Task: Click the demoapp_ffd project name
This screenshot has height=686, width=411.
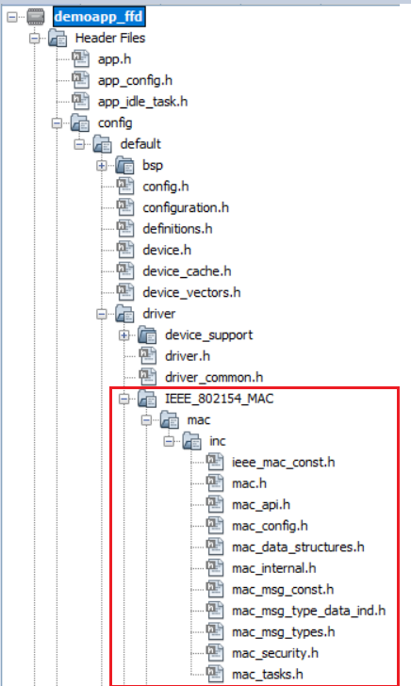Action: point(98,17)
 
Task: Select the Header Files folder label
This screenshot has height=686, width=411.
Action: point(110,38)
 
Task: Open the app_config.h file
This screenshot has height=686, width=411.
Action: point(135,81)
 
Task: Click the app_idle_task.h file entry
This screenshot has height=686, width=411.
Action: point(142,102)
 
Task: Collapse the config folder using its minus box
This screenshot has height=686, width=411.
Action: point(57,123)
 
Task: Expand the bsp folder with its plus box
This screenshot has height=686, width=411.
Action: point(102,166)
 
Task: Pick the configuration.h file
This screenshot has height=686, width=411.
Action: point(186,208)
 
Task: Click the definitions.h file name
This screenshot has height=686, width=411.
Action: point(177,229)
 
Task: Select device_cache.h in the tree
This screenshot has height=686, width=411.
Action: point(187,271)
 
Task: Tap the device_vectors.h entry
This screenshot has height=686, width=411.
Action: point(191,293)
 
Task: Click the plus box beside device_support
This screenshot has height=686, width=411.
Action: point(124,335)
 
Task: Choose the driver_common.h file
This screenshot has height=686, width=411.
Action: point(214,378)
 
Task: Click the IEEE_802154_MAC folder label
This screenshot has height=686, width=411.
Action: point(220,399)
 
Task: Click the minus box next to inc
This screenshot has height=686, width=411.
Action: point(169,441)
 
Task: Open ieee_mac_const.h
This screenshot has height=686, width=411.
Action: point(283,463)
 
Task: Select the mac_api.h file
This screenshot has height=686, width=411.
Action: point(261,505)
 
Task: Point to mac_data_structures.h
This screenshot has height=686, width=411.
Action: point(298,547)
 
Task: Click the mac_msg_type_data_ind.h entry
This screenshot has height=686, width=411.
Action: point(308,612)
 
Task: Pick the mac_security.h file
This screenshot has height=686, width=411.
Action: point(275,654)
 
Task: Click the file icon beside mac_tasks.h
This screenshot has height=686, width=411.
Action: point(215,674)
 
